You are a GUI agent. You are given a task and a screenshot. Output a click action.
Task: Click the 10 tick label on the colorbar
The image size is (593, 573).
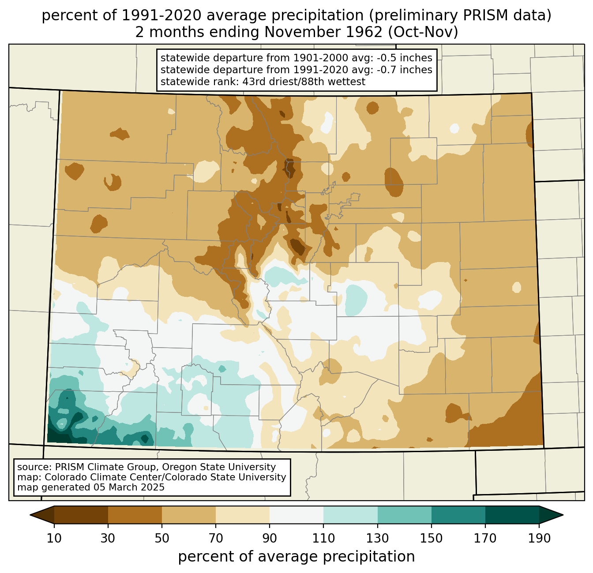54,538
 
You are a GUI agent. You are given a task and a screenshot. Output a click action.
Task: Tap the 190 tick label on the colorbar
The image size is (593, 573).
539,538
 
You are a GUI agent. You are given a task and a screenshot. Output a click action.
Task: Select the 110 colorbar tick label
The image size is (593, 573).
323,538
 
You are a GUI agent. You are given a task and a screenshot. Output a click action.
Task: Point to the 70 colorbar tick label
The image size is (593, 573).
216,538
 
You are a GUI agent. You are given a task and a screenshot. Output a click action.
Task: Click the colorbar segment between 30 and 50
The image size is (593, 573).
135,515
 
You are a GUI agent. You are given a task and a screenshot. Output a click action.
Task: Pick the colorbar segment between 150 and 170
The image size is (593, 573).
458,515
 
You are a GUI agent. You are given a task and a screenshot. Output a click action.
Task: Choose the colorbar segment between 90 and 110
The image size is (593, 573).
296,515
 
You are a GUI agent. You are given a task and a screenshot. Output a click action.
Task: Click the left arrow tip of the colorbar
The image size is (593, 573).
30,515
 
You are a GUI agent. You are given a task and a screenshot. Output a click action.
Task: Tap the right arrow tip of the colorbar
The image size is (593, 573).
563,515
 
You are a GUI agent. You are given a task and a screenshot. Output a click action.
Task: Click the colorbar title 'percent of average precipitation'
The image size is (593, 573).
296,556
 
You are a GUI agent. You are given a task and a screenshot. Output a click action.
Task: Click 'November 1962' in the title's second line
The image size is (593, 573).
323,32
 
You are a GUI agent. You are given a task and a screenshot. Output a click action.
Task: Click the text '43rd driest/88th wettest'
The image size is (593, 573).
304,82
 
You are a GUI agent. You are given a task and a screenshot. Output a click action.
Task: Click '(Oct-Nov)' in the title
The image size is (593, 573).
423,32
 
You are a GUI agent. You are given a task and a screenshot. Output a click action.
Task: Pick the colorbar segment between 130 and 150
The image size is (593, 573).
404,515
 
